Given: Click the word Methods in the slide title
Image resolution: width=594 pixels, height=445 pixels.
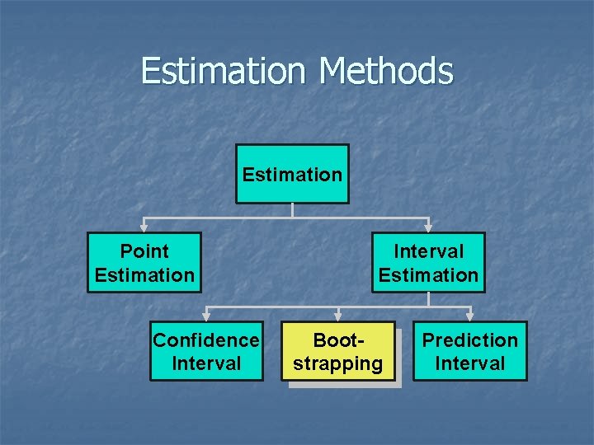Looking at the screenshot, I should (x=385, y=71).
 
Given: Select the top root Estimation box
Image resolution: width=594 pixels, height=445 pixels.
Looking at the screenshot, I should (x=292, y=174).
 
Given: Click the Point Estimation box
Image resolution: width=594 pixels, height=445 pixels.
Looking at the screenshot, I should (x=144, y=263).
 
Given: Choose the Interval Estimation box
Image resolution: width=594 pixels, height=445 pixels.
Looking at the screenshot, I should (x=428, y=263).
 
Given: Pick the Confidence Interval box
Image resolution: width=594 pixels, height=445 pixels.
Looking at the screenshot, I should (x=206, y=351).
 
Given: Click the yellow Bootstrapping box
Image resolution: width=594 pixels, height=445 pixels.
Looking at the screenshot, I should (x=338, y=351).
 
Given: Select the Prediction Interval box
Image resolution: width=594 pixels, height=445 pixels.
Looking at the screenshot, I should (x=469, y=351).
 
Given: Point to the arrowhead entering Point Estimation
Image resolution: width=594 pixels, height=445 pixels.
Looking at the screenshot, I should (x=144, y=227).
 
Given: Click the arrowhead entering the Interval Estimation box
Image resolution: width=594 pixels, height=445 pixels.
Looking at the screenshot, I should (x=428, y=227).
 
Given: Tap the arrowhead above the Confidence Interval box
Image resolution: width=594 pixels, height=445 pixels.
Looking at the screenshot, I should (x=206, y=316).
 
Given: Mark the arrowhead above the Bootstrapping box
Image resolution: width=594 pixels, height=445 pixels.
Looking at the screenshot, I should (x=338, y=316).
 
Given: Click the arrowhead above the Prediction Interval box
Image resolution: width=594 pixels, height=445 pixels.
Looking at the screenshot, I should (x=469, y=316).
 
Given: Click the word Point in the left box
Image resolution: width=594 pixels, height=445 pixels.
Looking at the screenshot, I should (x=144, y=251).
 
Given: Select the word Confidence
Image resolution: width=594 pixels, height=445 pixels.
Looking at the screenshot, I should (x=206, y=340).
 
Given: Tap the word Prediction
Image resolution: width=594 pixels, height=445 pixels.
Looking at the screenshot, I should (x=469, y=340).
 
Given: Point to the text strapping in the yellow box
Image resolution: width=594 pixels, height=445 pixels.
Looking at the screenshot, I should (x=338, y=363).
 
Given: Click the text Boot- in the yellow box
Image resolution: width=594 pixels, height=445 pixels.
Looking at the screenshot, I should (x=338, y=340).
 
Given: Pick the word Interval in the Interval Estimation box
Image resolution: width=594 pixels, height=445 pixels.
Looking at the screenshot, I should (x=428, y=251).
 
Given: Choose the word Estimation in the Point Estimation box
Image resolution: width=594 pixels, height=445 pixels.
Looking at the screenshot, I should (x=144, y=275).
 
